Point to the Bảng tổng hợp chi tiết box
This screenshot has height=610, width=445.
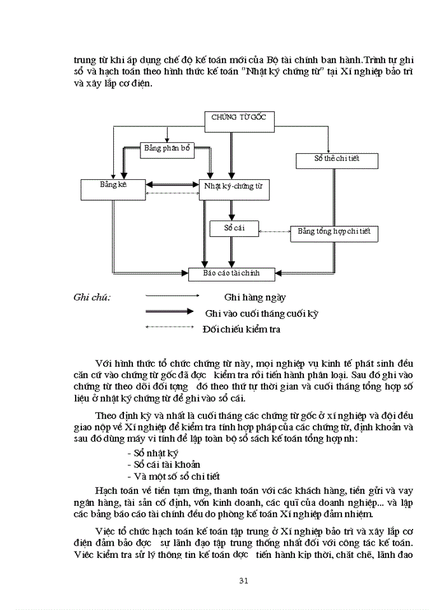click(x=334, y=233)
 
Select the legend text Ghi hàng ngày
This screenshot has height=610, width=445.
click(x=255, y=297)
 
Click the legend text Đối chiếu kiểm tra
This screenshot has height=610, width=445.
click(x=241, y=330)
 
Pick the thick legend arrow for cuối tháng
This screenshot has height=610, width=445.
click(x=169, y=312)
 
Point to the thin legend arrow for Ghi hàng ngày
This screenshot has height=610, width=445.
click(x=172, y=295)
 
